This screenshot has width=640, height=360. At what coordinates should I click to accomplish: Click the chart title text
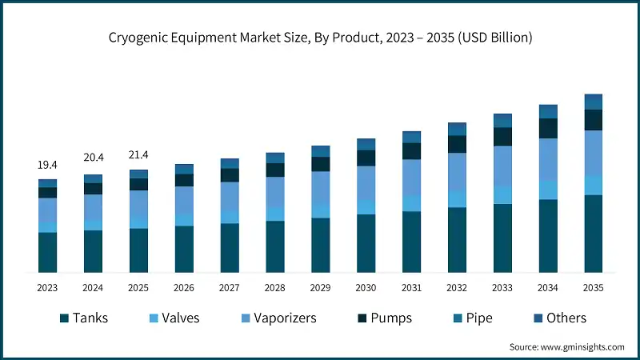click(x=320, y=38)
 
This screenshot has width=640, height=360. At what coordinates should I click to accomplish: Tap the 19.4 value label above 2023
click(x=47, y=165)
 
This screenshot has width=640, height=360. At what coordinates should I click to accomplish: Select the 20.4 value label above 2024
click(x=93, y=158)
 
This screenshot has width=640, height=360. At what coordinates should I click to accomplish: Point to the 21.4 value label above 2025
click(x=138, y=154)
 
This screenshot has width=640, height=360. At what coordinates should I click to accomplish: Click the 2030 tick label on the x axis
click(x=366, y=287)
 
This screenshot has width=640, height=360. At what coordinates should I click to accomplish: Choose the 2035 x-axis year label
click(x=594, y=287)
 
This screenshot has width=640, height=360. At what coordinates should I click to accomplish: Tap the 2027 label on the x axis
click(x=230, y=287)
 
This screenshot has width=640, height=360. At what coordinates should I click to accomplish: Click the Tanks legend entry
click(x=83, y=318)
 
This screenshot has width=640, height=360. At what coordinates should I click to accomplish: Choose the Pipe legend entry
click(x=472, y=318)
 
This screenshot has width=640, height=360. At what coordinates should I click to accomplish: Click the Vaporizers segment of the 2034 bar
click(x=548, y=159)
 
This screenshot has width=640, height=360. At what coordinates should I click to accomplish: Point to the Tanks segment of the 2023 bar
click(x=47, y=252)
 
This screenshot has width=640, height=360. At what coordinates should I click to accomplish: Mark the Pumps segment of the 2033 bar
click(x=502, y=137)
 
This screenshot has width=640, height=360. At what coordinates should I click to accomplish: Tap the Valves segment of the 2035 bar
click(x=594, y=185)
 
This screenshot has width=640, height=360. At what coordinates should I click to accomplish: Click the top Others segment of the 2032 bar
click(x=457, y=129)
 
